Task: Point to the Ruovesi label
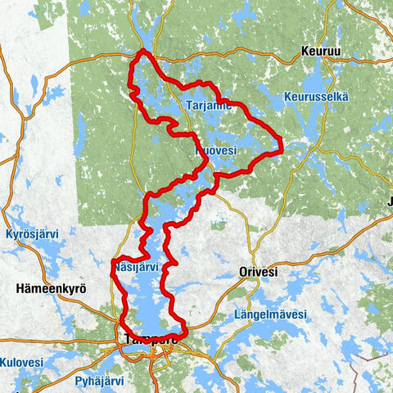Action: pos(216,151)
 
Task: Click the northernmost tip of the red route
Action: pos(143,51)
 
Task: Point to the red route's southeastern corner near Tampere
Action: pos(186,332)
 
